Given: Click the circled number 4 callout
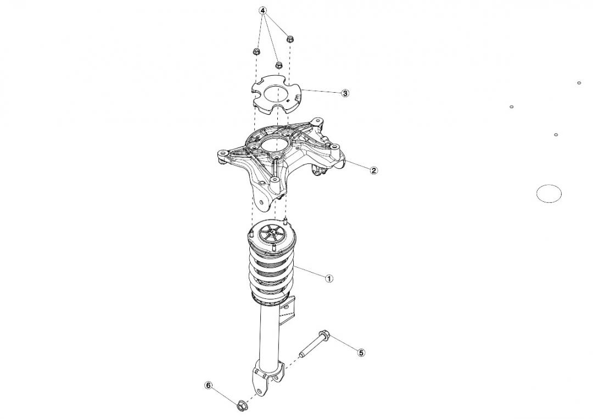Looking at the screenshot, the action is point(263,11).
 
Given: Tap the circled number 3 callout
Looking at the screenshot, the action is point(345,93).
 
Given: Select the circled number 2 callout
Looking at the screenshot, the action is point(373,171).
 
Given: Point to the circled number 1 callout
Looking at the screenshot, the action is point(329,279).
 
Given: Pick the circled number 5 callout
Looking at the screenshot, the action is point(361,353).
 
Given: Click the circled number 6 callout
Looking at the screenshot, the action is point(209,386).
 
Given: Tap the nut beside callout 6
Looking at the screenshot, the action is point(240,406).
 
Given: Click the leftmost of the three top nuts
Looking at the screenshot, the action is point(256,51).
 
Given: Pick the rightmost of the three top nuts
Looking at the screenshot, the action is point(290,39).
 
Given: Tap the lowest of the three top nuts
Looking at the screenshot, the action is point(278,65).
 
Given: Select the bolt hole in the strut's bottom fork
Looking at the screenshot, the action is point(259,390).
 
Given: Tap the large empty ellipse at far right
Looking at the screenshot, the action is point(549,194).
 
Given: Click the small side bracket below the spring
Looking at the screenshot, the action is point(287,310).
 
